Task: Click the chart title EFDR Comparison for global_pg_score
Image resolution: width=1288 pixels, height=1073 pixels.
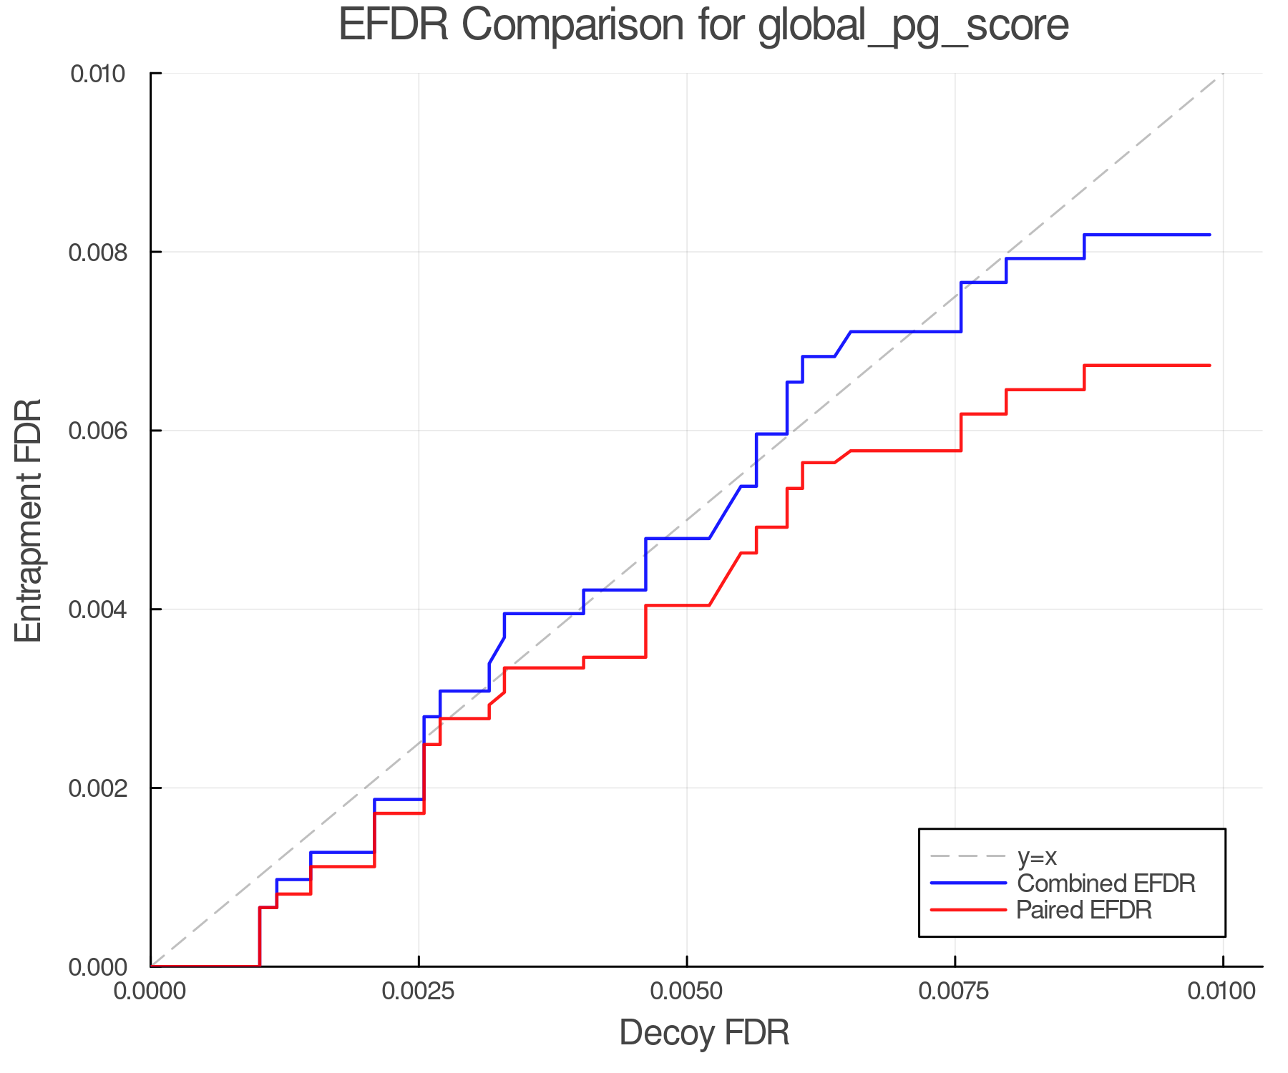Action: [703, 26]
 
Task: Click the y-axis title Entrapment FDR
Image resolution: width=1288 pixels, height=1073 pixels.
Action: [29, 520]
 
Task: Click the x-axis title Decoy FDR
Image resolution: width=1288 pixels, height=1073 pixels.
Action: [704, 1032]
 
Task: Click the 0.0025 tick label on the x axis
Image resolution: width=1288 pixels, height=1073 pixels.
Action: [419, 991]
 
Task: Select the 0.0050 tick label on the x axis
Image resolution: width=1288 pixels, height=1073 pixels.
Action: [687, 991]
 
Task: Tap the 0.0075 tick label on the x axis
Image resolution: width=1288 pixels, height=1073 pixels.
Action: [955, 991]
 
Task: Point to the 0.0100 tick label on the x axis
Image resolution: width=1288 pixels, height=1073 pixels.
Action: [1222, 991]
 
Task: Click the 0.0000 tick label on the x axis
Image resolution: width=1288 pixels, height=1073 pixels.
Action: [150, 991]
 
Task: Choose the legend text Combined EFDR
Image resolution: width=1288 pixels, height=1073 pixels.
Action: [1106, 883]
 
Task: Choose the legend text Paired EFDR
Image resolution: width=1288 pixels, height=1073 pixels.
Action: [1083, 910]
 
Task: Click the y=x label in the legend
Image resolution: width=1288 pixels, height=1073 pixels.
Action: [1037, 856]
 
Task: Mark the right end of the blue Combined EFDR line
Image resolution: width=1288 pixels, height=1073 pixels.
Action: [1209, 235]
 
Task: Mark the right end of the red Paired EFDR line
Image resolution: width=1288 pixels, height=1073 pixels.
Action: [1209, 366]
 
